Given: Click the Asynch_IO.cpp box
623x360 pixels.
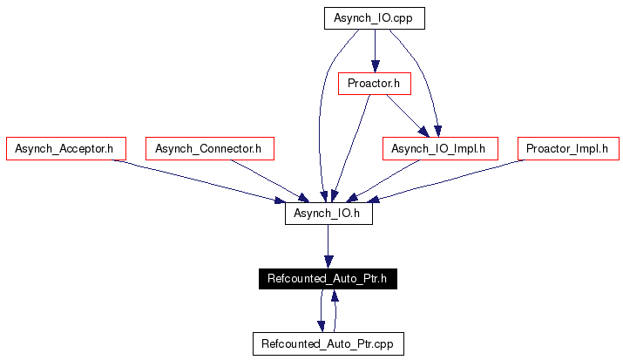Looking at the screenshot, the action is pyautogui.click(x=375, y=18).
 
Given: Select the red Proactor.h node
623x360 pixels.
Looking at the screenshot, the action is pyautogui.click(x=375, y=84).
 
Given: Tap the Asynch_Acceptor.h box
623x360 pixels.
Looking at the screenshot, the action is pyautogui.click(x=66, y=148).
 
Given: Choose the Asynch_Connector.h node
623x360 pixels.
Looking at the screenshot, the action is pyautogui.click(x=210, y=148).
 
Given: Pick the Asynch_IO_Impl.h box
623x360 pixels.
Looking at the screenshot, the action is pyautogui.click(x=440, y=148).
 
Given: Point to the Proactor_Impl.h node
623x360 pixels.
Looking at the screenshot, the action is pyautogui.click(x=568, y=148).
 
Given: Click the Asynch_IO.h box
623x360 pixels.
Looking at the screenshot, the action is pyautogui.click(x=328, y=214).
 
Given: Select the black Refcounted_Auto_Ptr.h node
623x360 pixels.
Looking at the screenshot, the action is pyautogui.click(x=328, y=279).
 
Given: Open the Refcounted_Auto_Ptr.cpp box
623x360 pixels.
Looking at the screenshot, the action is pyautogui.click(x=328, y=343).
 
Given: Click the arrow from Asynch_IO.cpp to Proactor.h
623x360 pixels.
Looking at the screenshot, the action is pyautogui.click(x=375, y=51).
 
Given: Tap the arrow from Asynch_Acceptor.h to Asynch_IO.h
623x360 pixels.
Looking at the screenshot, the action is pyautogui.click(x=199, y=181).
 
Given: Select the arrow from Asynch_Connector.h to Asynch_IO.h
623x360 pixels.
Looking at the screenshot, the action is pyautogui.click(x=270, y=181).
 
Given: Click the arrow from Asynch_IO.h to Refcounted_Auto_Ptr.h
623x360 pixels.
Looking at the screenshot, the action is pyautogui.click(x=328, y=247).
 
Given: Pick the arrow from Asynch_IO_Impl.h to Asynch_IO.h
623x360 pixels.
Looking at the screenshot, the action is pyautogui.click(x=383, y=181).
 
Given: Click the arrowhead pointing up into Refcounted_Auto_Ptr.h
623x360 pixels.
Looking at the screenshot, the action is pyautogui.click(x=335, y=295).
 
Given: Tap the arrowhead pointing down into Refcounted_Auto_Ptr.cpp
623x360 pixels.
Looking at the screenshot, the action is pyautogui.click(x=321, y=326).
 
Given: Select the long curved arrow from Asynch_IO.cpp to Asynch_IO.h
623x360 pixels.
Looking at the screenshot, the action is pyautogui.click(x=321, y=115).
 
